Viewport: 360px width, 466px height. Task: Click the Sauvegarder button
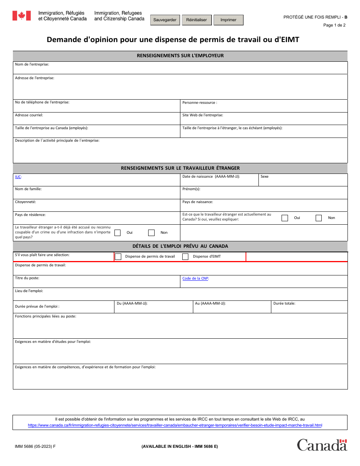pos(165,20)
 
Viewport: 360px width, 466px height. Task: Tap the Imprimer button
pos(228,20)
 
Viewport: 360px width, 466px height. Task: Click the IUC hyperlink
pos(18,177)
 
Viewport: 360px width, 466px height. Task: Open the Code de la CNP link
pos(195,278)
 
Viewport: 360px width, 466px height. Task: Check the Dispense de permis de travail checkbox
pos(118,256)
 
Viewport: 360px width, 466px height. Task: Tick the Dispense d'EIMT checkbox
pos(185,256)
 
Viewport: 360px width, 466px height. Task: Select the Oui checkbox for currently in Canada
pos(285,218)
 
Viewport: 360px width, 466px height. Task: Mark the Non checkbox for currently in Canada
pos(319,218)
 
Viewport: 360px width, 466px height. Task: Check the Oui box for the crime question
pos(117,233)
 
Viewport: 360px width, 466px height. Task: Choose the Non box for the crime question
pos(151,233)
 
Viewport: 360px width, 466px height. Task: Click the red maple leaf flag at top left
pos(22,16)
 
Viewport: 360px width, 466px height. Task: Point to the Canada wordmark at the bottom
pos(322,445)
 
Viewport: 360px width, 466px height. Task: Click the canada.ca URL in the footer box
pos(175,425)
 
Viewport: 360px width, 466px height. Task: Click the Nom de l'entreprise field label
pos(32,64)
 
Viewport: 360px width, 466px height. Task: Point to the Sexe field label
pos(265,177)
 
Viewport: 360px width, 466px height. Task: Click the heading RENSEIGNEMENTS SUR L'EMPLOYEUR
pos(180,56)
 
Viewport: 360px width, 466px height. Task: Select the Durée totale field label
pos(284,303)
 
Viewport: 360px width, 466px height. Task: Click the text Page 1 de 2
pos(334,25)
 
